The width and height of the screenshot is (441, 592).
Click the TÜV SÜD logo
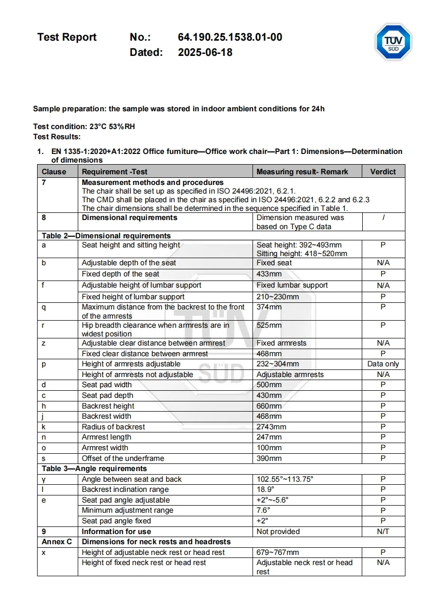[393, 42]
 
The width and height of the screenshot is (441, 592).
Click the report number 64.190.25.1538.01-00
[230, 37]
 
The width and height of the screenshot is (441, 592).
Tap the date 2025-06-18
[205, 52]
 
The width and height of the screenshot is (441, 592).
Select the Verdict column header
[383, 172]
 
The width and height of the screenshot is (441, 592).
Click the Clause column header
[54, 172]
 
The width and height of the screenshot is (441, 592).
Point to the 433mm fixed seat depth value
[269, 274]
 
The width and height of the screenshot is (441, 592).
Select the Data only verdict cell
[383, 364]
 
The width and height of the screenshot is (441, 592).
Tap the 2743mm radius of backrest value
[271, 427]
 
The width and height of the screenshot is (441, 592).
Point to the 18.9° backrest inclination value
[265, 489]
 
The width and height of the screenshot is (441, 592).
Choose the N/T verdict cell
[383, 532]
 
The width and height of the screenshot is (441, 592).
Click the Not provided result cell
[278, 532]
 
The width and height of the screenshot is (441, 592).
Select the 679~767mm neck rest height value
[277, 552]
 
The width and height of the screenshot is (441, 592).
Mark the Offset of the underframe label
[123, 458]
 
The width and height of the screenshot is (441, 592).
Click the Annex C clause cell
[56, 542]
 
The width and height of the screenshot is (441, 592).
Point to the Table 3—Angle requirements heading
[94, 469]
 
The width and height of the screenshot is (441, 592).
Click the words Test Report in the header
[67, 37]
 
